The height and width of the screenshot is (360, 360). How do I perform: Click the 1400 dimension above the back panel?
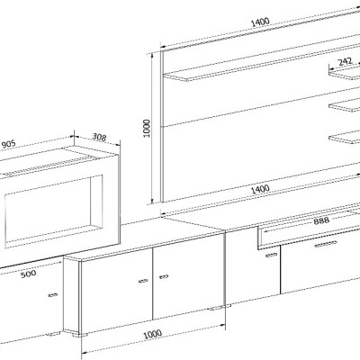(260, 22)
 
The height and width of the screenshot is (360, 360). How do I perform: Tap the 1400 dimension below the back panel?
(260, 189)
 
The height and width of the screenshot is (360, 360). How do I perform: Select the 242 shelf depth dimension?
(345, 62)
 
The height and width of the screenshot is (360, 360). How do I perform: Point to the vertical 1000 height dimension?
(147, 128)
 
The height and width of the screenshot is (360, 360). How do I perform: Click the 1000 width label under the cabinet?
(152, 334)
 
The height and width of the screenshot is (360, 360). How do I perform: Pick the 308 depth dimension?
(99, 137)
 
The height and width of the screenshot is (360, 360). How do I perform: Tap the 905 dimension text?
(8, 144)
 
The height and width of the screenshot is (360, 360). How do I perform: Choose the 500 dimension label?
(29, 274)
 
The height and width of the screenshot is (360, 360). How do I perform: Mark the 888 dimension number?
(321, 221)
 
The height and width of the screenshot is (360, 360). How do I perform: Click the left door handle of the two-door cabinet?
(143, 281)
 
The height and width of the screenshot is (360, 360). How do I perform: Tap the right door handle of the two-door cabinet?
(164, 276)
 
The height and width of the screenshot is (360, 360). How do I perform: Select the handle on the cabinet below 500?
(53, 295)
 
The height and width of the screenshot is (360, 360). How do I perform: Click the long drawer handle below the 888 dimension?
(326, 244)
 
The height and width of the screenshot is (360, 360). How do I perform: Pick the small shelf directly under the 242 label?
(345, 73)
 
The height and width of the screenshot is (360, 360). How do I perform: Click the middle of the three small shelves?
(345, 106)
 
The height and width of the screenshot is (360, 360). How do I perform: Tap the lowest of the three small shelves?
(345, 138)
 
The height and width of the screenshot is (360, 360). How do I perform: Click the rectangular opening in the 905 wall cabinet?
(53, 211)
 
